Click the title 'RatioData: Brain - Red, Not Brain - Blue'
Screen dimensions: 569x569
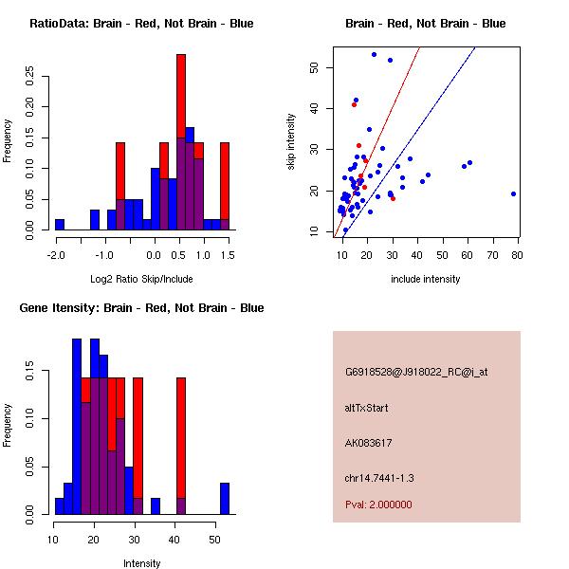[x=141, y=24]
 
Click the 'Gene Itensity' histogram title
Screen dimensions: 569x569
[x=141, y=308]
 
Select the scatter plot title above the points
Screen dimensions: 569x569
[x=425, y=24]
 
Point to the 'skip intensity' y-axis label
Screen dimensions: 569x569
[x=291, y=142]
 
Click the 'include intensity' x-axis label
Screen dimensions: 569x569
[x=425, y=279]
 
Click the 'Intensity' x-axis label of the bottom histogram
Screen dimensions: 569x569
[x=141, y=563]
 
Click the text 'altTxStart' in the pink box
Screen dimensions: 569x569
[x=368, y=408]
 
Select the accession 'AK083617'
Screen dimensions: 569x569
[x=369, y=443]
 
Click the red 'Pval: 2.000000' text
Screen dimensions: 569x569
[x=378, y=505]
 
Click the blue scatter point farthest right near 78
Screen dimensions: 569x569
[x=513, y=193]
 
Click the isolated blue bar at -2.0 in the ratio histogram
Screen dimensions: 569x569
[x=59, y=225]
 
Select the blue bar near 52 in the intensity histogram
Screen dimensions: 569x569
[x=225, y=499]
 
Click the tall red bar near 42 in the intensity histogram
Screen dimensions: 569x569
[x=181, y=436]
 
